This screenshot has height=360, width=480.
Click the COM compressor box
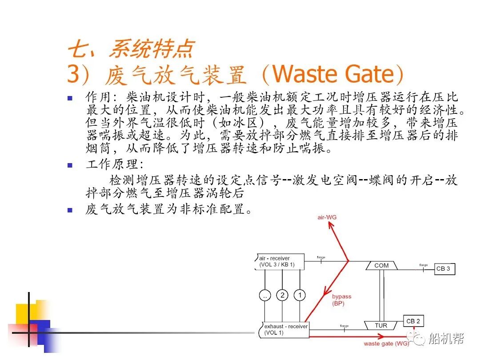tap(381, 265)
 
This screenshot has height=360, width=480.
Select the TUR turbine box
tap(381, 325)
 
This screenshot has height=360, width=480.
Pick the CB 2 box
tap(413, 321)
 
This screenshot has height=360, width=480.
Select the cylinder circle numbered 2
tap(282, 295)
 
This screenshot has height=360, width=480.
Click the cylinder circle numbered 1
tap(300, 295)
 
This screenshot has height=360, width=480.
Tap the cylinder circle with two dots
tap(265, 295)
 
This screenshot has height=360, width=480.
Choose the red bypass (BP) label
tap(341, 300)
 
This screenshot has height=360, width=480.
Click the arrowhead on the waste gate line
tap(402, 337)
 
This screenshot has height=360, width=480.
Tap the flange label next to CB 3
tap(423, 265)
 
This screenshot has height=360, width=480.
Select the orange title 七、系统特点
tap(131, 48)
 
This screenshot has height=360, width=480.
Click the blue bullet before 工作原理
tap(69, 165)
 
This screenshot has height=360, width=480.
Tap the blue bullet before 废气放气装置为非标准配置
tap(69, 210)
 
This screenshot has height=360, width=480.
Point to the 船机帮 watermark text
tap(446, 339)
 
